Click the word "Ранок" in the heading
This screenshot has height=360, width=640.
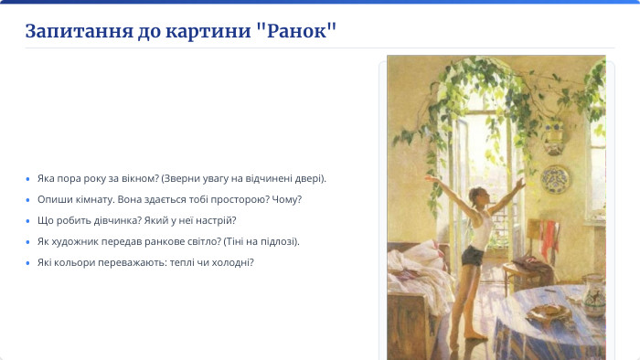pyautogui.click(x=297, y=30)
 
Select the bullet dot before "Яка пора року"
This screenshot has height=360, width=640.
pyautogui.click(x=28, y=178)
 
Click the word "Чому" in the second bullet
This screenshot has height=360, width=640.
pyautogui.click(x=287, y=199)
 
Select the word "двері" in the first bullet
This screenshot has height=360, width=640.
pyautogui.click(x=307, y=178)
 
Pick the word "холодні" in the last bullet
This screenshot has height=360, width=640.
pyautogui.click(x=232, y=262)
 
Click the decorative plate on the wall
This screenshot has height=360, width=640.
pyautogui.click(x=554, y=176)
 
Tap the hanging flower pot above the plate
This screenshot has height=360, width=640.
pyautogui.click(x=555, y=137)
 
